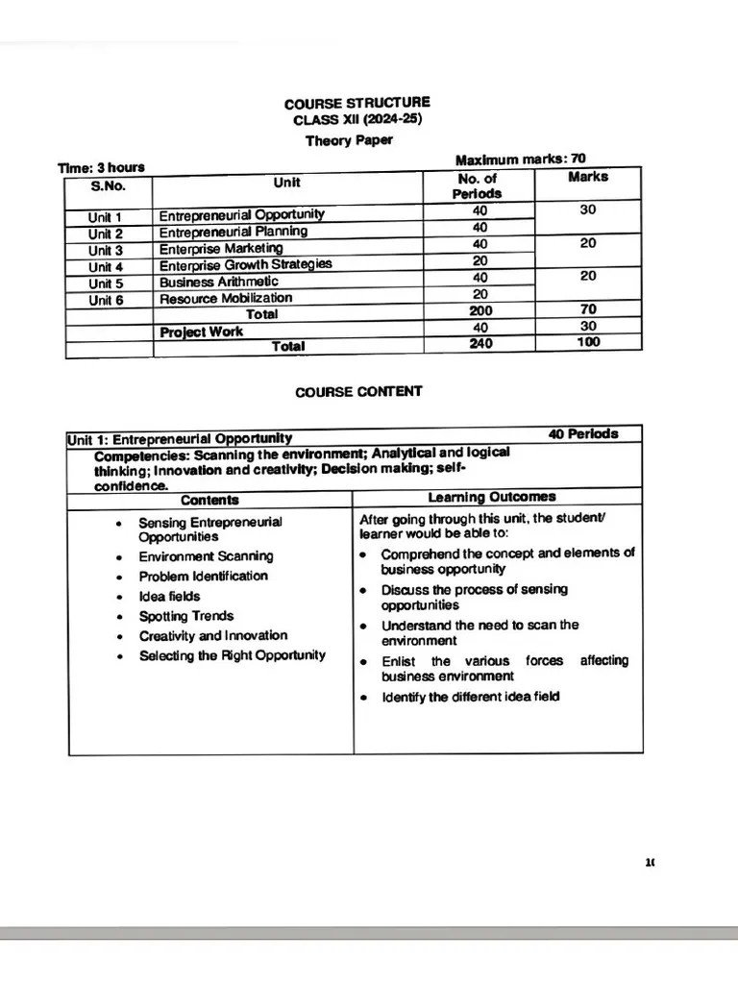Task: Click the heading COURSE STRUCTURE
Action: point(357,103)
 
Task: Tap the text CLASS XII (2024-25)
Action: point(357,120)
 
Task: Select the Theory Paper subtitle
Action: point(349,140)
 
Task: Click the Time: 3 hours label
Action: point(101,168)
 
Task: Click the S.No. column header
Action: point(109,186)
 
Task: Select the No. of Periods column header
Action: point(478,185)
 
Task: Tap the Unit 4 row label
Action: point(106,265)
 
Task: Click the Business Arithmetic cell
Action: point(218,282)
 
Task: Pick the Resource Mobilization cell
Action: point(225,298)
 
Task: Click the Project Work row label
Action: point(201,332)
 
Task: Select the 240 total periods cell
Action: point(480,344)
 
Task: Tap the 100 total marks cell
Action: point(588,342)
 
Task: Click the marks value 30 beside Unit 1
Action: point(588,210)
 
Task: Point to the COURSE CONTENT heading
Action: point(357,391)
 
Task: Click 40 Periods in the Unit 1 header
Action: point(583,433)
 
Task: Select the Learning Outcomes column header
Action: point(491,497)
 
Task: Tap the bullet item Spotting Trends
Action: point(185,616)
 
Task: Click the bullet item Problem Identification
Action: point(203,576)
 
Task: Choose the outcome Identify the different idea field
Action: point(470,697)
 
